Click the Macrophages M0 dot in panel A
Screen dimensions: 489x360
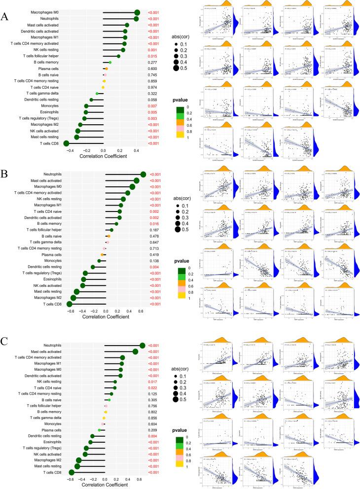137,13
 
